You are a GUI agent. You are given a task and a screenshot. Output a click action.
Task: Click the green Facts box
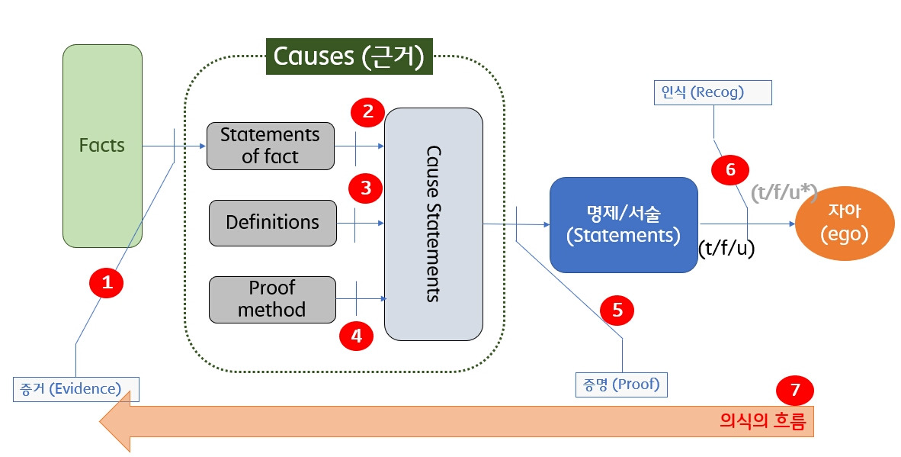[x=102, y=146]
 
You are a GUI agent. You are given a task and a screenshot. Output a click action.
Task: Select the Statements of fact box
[x=271, y=146]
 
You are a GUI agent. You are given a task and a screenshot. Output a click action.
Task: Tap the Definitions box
[x=272, y=223]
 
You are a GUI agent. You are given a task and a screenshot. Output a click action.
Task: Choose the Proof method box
[x=272, y=299]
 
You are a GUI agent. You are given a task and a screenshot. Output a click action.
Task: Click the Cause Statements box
[x=433, y=224]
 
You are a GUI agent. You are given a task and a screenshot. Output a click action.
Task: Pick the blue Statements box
[x=624, y=224]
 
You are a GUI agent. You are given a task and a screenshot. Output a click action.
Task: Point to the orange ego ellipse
[x=844, y=224]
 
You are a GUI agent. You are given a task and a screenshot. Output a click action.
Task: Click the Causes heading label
[x=348, y=57]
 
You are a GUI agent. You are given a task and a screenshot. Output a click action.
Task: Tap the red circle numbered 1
[x=107, y=283]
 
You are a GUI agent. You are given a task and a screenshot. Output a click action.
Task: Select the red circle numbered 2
[x=368, y=112]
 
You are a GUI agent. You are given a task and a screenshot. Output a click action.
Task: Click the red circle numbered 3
[x=366, y=188]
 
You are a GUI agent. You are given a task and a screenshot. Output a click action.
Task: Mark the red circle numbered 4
[x=357, y=336]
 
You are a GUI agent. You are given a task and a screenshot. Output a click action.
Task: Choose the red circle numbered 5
[x=617, y=309]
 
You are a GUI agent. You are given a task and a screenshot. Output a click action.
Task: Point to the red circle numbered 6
[x=730, y=169]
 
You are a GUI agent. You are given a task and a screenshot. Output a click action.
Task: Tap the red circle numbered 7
[x=795, y=391]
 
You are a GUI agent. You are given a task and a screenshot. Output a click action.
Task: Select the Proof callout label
[x=621, y=385]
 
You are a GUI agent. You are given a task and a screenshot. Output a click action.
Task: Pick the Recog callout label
[x=713, y=92]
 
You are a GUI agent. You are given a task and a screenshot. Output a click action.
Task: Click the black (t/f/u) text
[x=726, y=249]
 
